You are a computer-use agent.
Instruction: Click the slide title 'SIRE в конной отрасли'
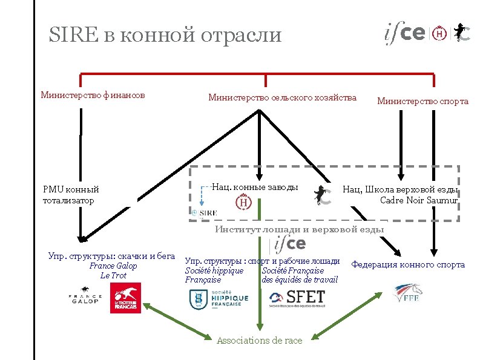tap(165, 34)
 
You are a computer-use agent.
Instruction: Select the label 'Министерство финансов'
tap(93, 94)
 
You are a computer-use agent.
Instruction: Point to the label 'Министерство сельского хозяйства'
tap(283, 97)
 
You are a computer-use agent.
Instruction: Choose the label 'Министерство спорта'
tap(422, 101)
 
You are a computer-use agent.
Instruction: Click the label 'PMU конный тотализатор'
tap(71, 195)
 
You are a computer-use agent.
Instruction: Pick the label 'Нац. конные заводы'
tap(255, 187)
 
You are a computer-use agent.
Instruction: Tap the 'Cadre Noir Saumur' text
tap(418, 200)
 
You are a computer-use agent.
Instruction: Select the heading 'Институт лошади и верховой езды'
tap(300, 229)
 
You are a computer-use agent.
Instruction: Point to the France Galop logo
tap(85, 298)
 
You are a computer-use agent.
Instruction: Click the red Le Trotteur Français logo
tap(125, 298)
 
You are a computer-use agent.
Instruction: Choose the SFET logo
tap(297, 298)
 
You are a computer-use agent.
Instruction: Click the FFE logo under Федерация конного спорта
tap(407, 293)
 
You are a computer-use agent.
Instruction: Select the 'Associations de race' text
tap(259, 341)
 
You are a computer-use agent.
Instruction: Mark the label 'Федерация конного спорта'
tap(408, 264)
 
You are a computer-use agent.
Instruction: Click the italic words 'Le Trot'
tap(113, 276)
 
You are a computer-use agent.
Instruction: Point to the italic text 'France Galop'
tap(113, 266)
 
